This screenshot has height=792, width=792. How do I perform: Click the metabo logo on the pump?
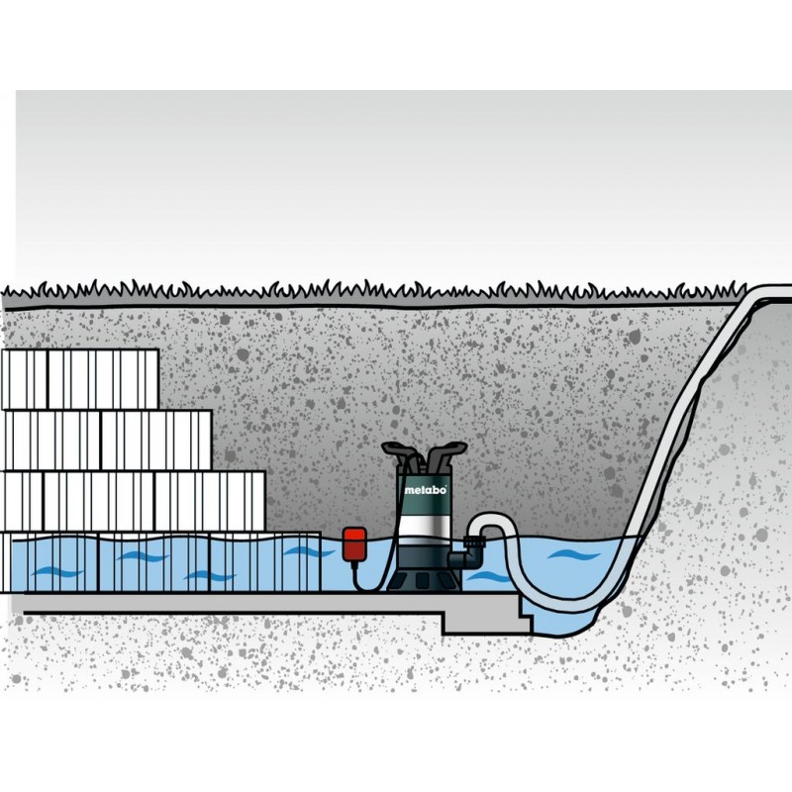(426, 490)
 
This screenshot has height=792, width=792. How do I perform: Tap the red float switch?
(353, 544)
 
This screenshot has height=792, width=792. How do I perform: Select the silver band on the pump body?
(424, 526)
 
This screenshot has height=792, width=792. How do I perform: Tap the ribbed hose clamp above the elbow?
(475, 543)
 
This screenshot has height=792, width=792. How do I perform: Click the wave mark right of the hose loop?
(574, 554)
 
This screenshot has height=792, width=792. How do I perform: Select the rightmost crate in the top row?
(103, 379)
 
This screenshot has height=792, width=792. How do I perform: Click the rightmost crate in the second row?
(156, 440)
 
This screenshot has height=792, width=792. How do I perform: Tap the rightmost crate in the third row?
(210, 501)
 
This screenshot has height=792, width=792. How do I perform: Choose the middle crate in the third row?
(99, 501)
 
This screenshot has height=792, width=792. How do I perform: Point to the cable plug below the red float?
(355, 566)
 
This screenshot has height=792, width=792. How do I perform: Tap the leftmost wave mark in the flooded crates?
(56, 573)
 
